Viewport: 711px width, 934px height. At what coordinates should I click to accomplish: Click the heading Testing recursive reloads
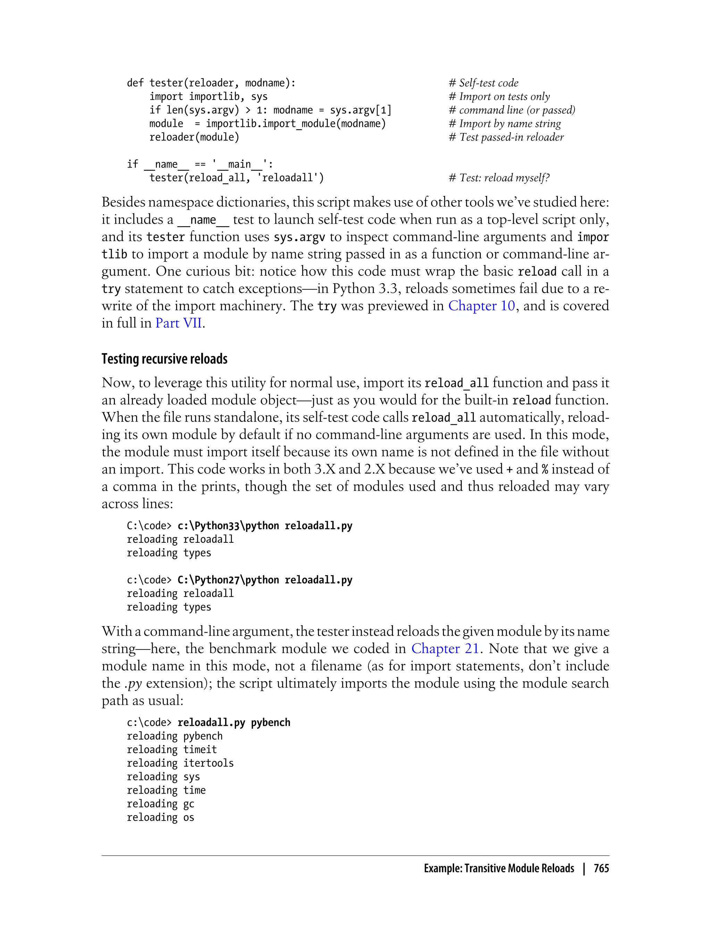tap(164, 359)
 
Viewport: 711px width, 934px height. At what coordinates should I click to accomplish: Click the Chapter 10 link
tap(481, 305)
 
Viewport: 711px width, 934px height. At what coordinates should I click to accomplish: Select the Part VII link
tap(178, 323)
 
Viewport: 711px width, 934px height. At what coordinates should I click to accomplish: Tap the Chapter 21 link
tap(444, 648)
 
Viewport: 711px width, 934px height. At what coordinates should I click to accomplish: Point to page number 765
tap(601, 868)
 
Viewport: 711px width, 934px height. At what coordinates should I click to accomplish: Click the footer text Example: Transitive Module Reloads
tap(499, 868)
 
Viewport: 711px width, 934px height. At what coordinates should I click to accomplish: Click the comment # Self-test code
tap(483, 83)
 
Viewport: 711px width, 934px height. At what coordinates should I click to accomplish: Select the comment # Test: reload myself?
tap(499, 178)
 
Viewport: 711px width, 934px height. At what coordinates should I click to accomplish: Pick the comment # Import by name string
tap(504, 124)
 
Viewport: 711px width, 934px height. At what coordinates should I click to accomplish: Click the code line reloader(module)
tap(194, 137)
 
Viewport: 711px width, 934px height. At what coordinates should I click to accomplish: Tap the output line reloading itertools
tap(180, 763)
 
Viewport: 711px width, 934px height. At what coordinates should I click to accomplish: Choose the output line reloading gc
tap(160, 804)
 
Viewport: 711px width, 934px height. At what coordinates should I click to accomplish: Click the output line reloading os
tap(160, 817)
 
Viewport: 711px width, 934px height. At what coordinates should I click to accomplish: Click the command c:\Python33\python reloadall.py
tap(265, 526)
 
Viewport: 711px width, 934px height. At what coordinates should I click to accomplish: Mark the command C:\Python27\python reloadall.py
tap(265, 580)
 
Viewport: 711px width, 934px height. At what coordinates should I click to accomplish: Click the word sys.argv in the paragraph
tap(299, 237)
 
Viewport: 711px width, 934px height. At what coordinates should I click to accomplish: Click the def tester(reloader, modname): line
tap(211, 83)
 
